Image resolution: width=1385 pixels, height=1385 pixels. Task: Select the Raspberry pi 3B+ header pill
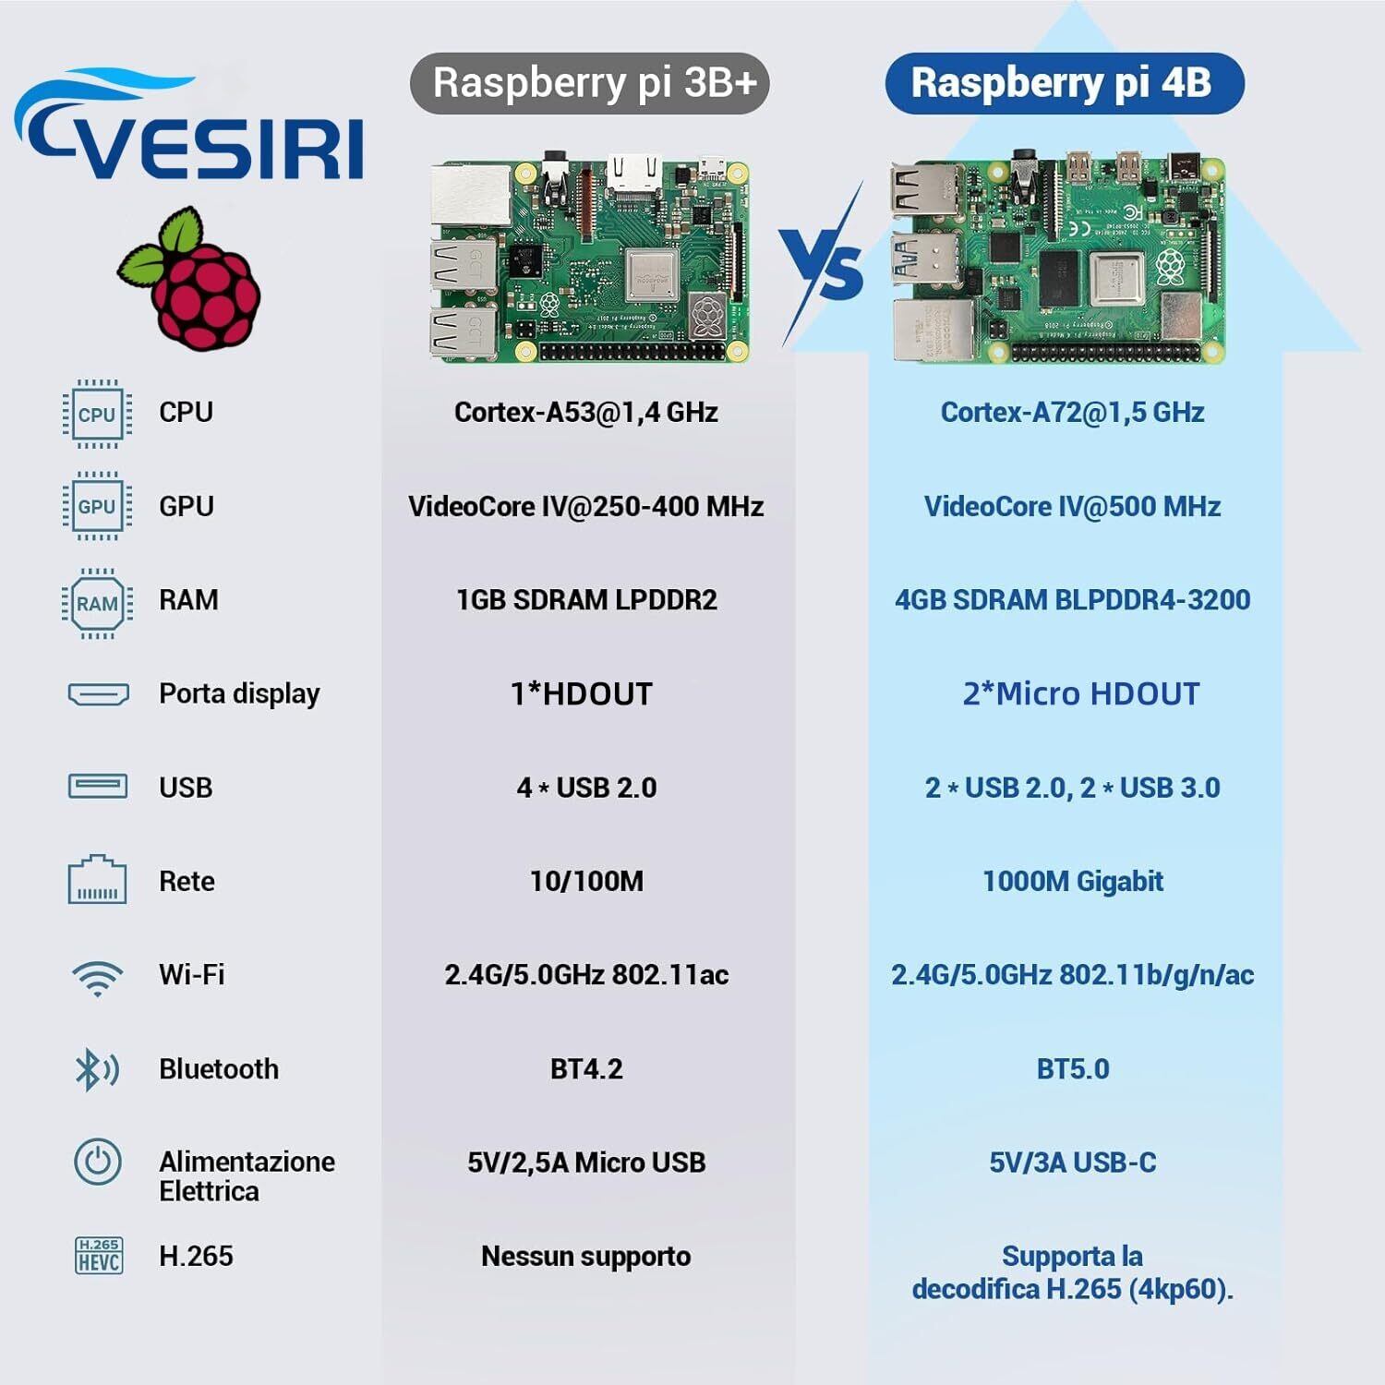pos(589,83)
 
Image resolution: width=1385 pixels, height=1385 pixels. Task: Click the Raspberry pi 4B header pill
pos(1064,83)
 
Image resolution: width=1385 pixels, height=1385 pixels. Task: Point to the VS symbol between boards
pos(822,268)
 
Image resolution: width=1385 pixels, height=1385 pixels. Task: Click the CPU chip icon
pos(97,414)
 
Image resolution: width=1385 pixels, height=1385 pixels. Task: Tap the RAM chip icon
pos(97,604)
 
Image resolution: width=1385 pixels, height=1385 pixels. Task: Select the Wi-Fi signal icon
pos(97,977)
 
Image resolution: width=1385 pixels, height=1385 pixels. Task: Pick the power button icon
pos(97,1162)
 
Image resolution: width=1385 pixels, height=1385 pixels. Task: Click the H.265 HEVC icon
pos(98,1256)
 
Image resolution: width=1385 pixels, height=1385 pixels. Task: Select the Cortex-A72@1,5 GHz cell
pos(1072,412)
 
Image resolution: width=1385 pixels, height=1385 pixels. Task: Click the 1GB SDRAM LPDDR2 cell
pos(586,600)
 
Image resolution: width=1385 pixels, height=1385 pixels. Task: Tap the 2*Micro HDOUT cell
pos(1080,693)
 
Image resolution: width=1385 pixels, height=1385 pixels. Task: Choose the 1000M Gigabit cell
pos(1072,881)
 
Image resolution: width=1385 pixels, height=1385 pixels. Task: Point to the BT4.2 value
pos(586,1069)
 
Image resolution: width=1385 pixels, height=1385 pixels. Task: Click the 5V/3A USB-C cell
pos(1072,1162)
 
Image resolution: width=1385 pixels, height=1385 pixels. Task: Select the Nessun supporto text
pos(586,1256)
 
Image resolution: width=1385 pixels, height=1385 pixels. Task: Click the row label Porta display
pos(239,693)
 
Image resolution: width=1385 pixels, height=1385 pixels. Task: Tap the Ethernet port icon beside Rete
pos(97,881)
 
